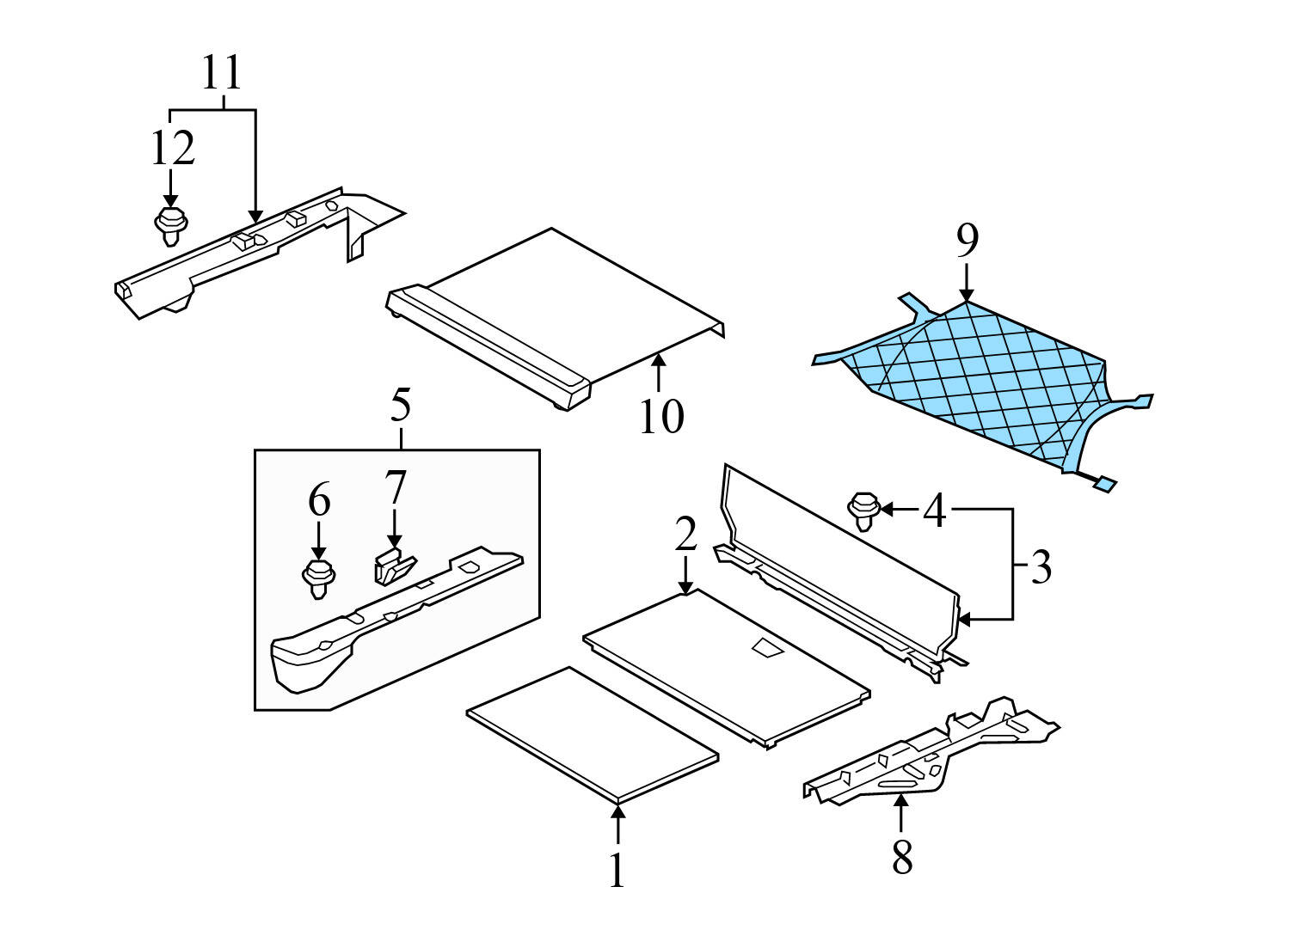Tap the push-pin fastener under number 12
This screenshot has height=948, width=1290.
(171, 225)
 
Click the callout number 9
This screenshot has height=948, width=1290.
(967, 241)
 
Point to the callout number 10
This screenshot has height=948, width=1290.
(661, 416)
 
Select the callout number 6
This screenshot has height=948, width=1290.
(319, 499)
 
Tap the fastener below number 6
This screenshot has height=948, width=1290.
(319, 578)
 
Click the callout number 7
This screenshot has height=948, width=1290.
(395, 488)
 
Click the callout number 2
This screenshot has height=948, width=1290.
(685, 535)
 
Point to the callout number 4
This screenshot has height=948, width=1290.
(935, 511)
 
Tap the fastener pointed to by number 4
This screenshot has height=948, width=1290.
(863, 510)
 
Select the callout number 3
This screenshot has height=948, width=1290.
(1041, 567)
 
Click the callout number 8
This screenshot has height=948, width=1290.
(901, 857)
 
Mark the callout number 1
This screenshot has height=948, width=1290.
(617, 870)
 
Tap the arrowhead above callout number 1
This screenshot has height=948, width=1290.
(617, 810)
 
